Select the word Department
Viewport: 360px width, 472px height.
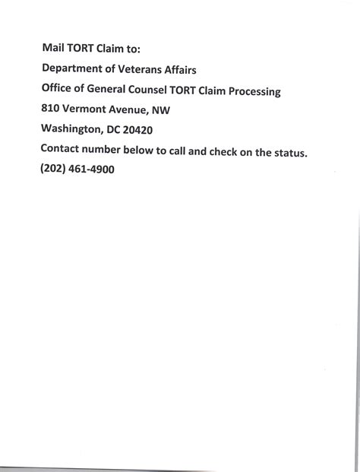click(74, 71)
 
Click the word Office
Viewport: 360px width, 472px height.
click(58, 90)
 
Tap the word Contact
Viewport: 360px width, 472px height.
click(62, 150)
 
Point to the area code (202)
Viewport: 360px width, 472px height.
click(55, 170)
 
